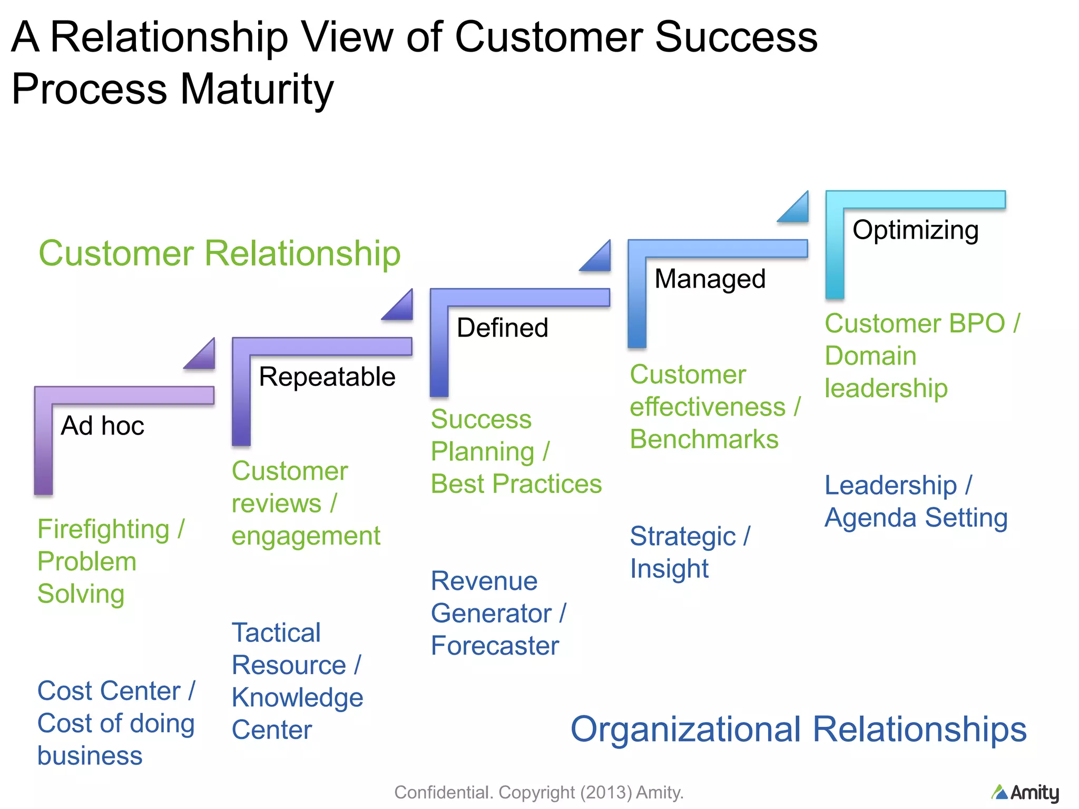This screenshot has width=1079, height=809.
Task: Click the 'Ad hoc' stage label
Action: [x=102, y=426]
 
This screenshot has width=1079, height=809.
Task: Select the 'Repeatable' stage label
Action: [x=327, y=377]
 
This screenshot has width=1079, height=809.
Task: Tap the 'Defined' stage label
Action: [x=502, y=328]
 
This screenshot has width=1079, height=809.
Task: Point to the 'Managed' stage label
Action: [x=709, y=279]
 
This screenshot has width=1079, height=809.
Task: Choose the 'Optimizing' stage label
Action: [x=915, y=230]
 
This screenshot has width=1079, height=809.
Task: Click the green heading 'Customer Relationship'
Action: [x=219, y=253]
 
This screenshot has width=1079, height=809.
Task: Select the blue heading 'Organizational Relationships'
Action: [x=798, y=729]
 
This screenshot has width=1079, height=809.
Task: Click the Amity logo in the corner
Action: [x=1025, y=792]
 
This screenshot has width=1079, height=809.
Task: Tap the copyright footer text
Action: [x=538, y=792]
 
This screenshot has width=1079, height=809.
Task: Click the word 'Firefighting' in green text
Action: [x=103, y=529]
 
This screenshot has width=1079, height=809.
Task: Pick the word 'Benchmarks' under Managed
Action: [x=704, y=439]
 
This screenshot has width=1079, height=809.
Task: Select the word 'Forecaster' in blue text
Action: [x=495, y=646]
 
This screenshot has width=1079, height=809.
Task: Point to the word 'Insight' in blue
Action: [x=669, y=569]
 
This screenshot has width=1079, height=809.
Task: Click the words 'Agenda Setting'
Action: [x=916, y=518]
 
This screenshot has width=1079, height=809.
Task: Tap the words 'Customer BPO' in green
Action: [x=915, y=323]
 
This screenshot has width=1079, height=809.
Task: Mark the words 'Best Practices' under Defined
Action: [x=516, y=484]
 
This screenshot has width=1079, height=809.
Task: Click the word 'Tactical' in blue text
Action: [x=276, y=633]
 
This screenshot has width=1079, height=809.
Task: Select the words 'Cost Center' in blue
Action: [x=109, y=691]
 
